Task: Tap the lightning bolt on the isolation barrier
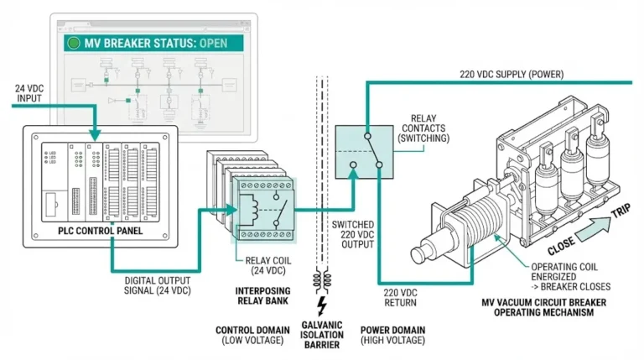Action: [x=320, y=305]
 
